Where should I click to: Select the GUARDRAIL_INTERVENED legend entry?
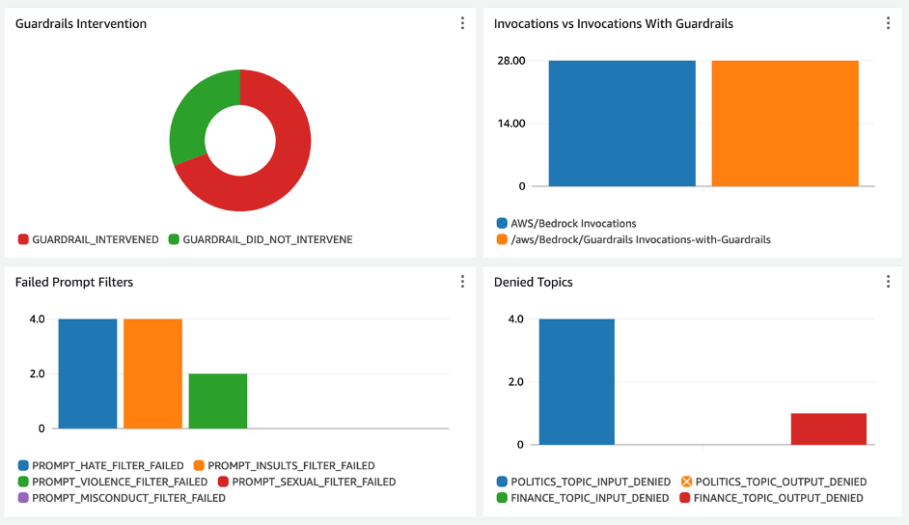click(88, 239)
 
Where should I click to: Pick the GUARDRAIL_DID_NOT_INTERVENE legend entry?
click(260, 239)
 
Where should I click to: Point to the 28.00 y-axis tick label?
click(510, 61)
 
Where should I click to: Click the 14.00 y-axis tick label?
click(510, 124)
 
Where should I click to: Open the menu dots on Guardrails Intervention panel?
click(462, 23)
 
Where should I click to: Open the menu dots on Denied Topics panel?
click(888, 282)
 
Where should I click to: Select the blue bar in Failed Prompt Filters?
click(88, 373)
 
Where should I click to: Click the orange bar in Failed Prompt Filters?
click(152, 373)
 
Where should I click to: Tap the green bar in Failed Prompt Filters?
click(218, 401)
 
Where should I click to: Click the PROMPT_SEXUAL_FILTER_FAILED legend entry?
click(306, 482)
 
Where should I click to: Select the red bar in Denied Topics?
click(828, 429)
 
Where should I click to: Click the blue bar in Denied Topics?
click(576, 382)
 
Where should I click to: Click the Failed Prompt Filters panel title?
click(74, 282)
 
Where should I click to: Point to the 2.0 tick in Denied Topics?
click(514, 382)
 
